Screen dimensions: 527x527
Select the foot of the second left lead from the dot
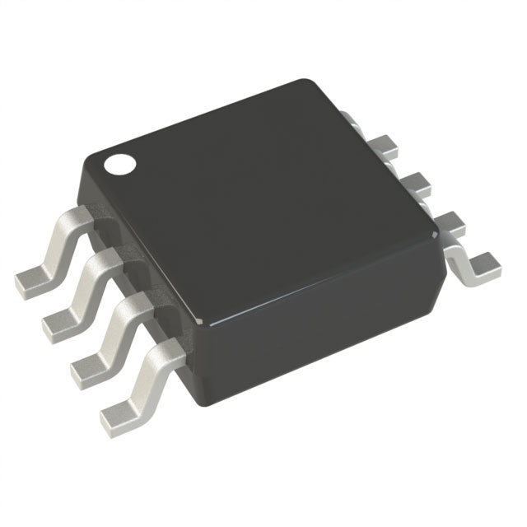coord(58,324)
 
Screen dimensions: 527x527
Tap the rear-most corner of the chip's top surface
coord(309,83)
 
